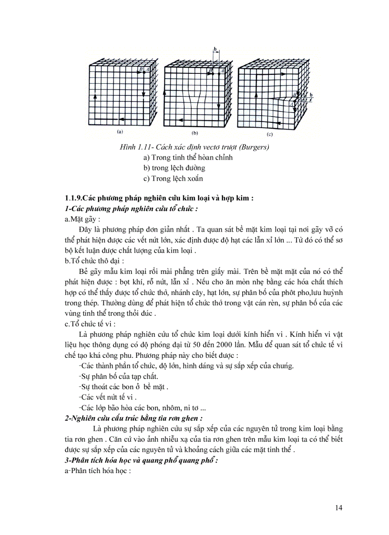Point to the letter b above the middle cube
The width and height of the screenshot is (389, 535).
pos(215,50)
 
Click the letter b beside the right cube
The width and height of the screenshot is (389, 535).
pos(311,95)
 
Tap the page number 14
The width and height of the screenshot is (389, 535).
pos(338,507)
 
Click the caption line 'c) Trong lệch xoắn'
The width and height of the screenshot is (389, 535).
pos(173,179)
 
